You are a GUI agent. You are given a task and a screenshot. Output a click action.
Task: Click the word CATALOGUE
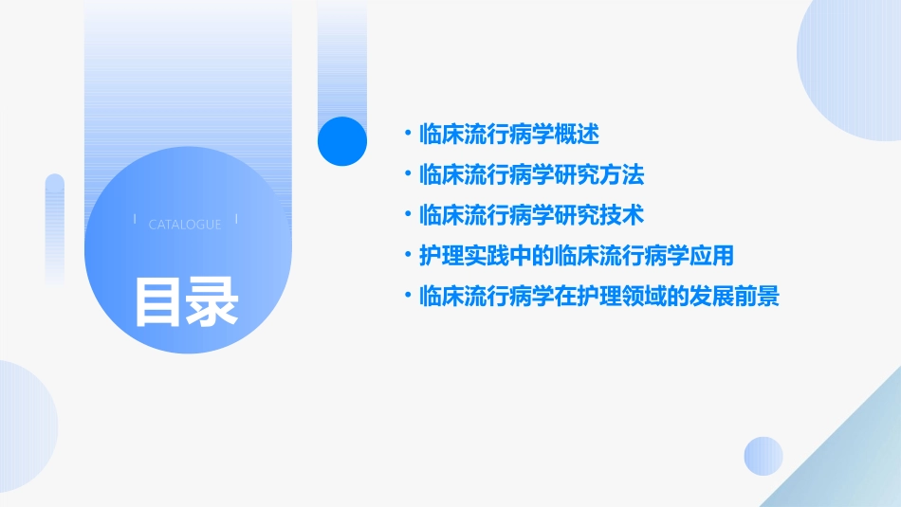click(185, 225)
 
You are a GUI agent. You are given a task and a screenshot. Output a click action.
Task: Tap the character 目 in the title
click(157, 301)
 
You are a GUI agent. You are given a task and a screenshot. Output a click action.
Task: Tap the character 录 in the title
click(212, 301)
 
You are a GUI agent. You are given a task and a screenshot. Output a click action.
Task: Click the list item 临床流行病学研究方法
click(531, 175)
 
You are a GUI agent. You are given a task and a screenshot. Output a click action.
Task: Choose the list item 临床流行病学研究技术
click(531, 215)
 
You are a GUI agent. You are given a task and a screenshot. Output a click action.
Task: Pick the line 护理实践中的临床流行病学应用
click(577, 256)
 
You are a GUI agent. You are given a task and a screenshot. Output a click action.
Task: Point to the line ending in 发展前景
click(598, 297)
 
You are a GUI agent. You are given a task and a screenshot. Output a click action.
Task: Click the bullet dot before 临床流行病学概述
click(409, 135)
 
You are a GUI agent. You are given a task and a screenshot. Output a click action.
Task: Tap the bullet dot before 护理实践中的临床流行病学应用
click(409, 256)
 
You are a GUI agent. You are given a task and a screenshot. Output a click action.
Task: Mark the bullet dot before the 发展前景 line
click(409, 297)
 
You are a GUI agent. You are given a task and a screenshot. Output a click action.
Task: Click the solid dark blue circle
click(342, 141)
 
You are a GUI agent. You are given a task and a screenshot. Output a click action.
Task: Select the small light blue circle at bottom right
click(763, 456)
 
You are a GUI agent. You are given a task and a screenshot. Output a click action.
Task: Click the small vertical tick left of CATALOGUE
click(136, 220)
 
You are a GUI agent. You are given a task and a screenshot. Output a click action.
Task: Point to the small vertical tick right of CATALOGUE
click(236, 220)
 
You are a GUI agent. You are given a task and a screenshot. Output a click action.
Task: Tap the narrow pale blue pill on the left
click(55, 227)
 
